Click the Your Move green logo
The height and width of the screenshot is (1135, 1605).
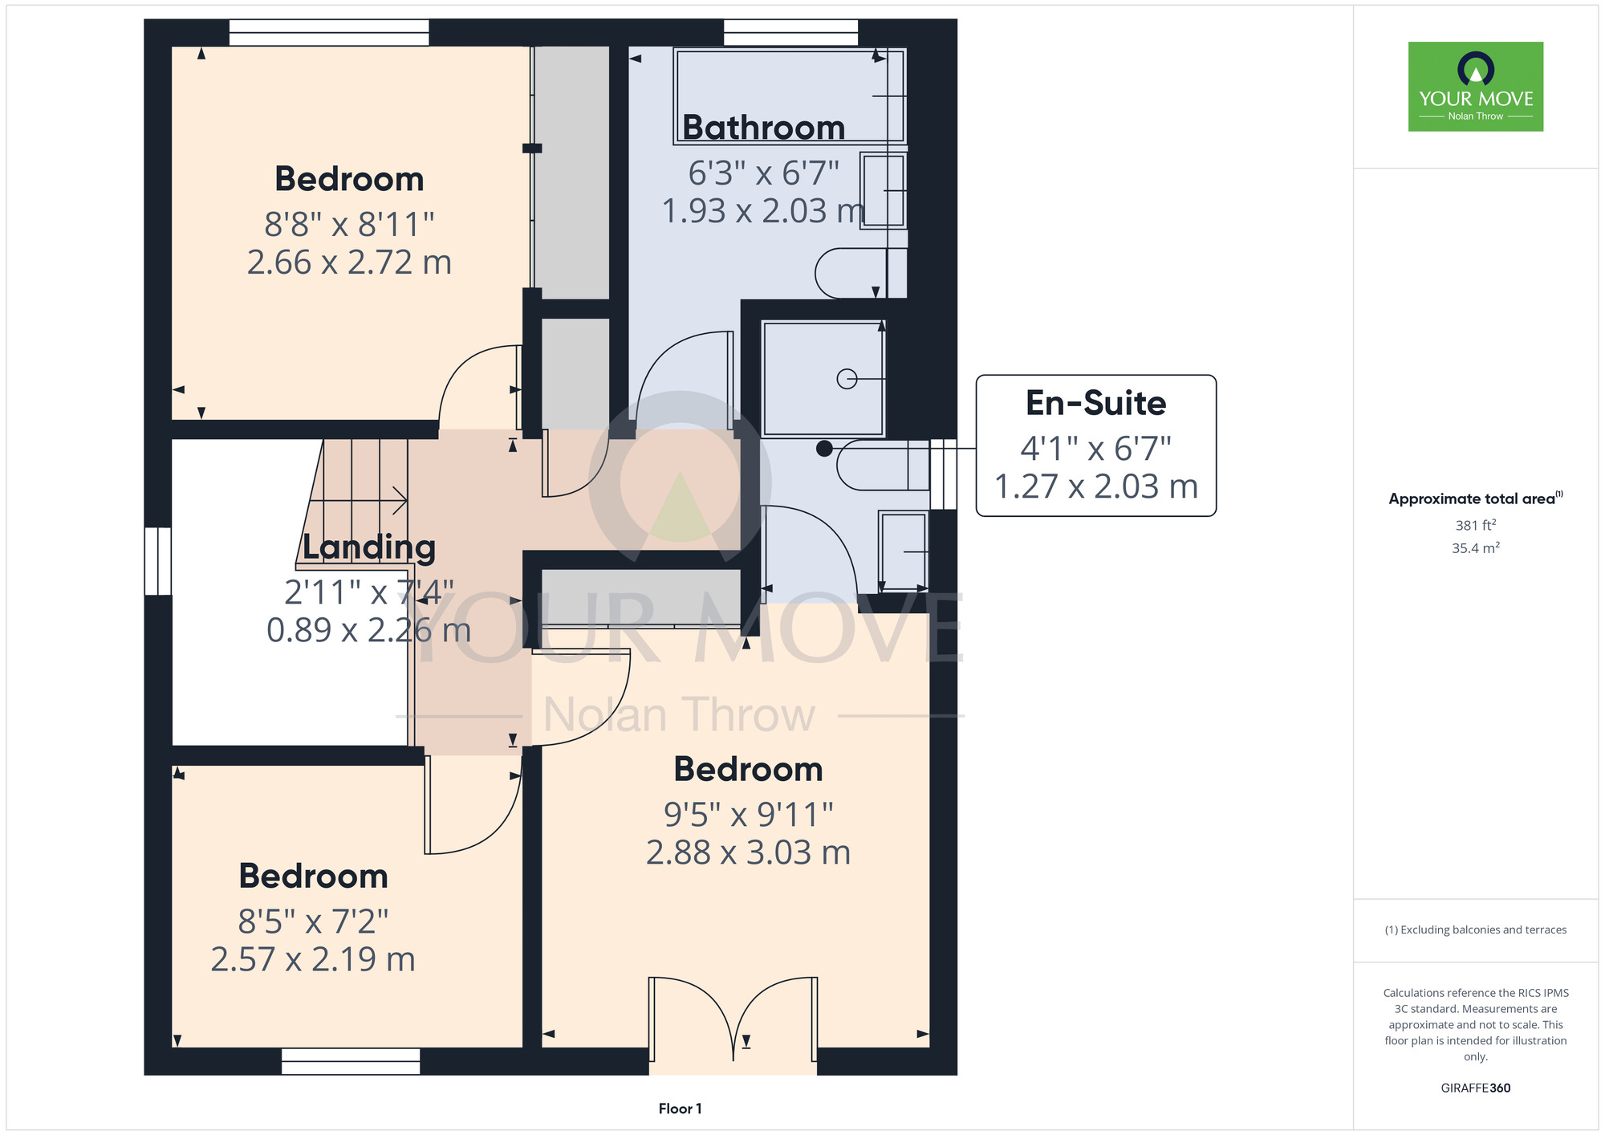pyautogui.click(x=1476, y=87)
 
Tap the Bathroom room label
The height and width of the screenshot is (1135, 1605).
pyautogui.click(x=764, y=128)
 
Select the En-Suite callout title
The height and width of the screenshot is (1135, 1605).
pyautogui.click(x=1095, y=403)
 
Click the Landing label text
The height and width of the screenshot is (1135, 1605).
pyautogui.click(x=369, y=547)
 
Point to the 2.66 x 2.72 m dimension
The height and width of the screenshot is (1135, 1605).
pyautogui.click(x=349, y=262)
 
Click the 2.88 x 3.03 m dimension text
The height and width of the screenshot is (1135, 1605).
pyautogui.click(x=748, y=852)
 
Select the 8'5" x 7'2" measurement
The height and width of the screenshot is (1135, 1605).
pyautogui.click(x=313, y=921)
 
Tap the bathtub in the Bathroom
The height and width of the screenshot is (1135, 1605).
pyautogui.click(x=790, y=96)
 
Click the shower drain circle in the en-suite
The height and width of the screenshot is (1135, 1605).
pyautogui.click(x=847, y=379)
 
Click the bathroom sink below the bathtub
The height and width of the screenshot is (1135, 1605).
pyautogui.click(x=884, y=190)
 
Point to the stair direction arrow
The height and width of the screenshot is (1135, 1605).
pyautogui.click(x=358, y=500)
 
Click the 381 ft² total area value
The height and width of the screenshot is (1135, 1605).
pyautogui.click(x=1476, y=525)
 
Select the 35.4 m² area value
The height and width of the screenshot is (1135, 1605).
pyautogui.click(x=1476, y=548)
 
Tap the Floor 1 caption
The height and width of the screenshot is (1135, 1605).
pyautogui.click(x=680, y=1109)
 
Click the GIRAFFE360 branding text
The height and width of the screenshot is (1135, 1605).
pyautogui.click(x=1476, y=1088)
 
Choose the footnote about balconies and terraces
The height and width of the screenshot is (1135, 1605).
pyautogui.click(x=1476, y=930)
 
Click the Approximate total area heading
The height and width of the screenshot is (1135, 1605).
pyautogui.click(x=1476, y=498)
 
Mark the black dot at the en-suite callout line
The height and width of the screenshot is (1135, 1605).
pyautogui.click(x=824, y=449)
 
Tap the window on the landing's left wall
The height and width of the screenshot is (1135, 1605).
pyautogui.click(x=158, y=561)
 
